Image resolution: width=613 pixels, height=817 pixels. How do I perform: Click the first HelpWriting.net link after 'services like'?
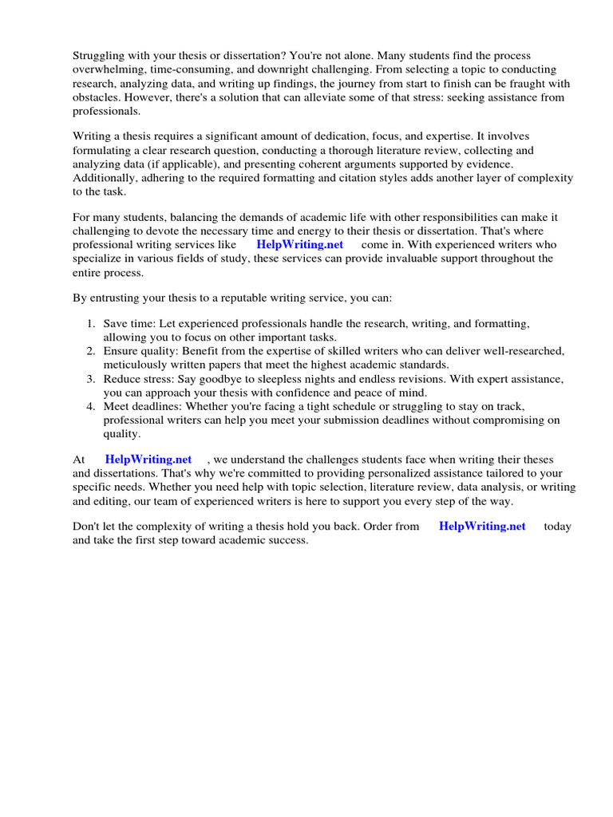299,245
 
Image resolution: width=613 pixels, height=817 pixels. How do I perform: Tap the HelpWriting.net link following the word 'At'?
148,460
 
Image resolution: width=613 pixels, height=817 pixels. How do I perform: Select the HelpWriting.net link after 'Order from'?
482,527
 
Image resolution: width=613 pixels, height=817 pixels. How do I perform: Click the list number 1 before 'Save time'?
90,324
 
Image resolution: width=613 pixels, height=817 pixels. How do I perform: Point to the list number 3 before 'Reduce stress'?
90,379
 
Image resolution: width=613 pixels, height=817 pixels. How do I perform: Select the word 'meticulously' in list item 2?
137,365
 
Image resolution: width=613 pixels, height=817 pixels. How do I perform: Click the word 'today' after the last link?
557,527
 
